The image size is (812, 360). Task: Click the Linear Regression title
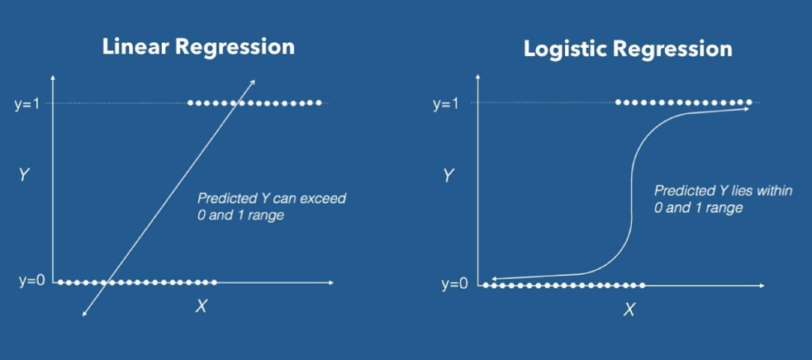tap(197, 46)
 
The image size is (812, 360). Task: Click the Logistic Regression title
tap(628, 49)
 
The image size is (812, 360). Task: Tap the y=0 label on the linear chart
tap(31, 282)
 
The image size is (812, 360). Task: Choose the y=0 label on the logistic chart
tap(455, 285)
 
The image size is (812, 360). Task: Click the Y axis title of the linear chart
tap(25, 174)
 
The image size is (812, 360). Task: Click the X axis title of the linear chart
tap(201, 307)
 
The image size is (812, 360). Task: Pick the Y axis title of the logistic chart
tap(448, 175)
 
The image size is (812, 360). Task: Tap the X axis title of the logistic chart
tap(629, 310)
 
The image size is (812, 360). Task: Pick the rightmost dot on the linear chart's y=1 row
tap(319, 103)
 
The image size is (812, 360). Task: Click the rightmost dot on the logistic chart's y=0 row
tap(642, 286)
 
